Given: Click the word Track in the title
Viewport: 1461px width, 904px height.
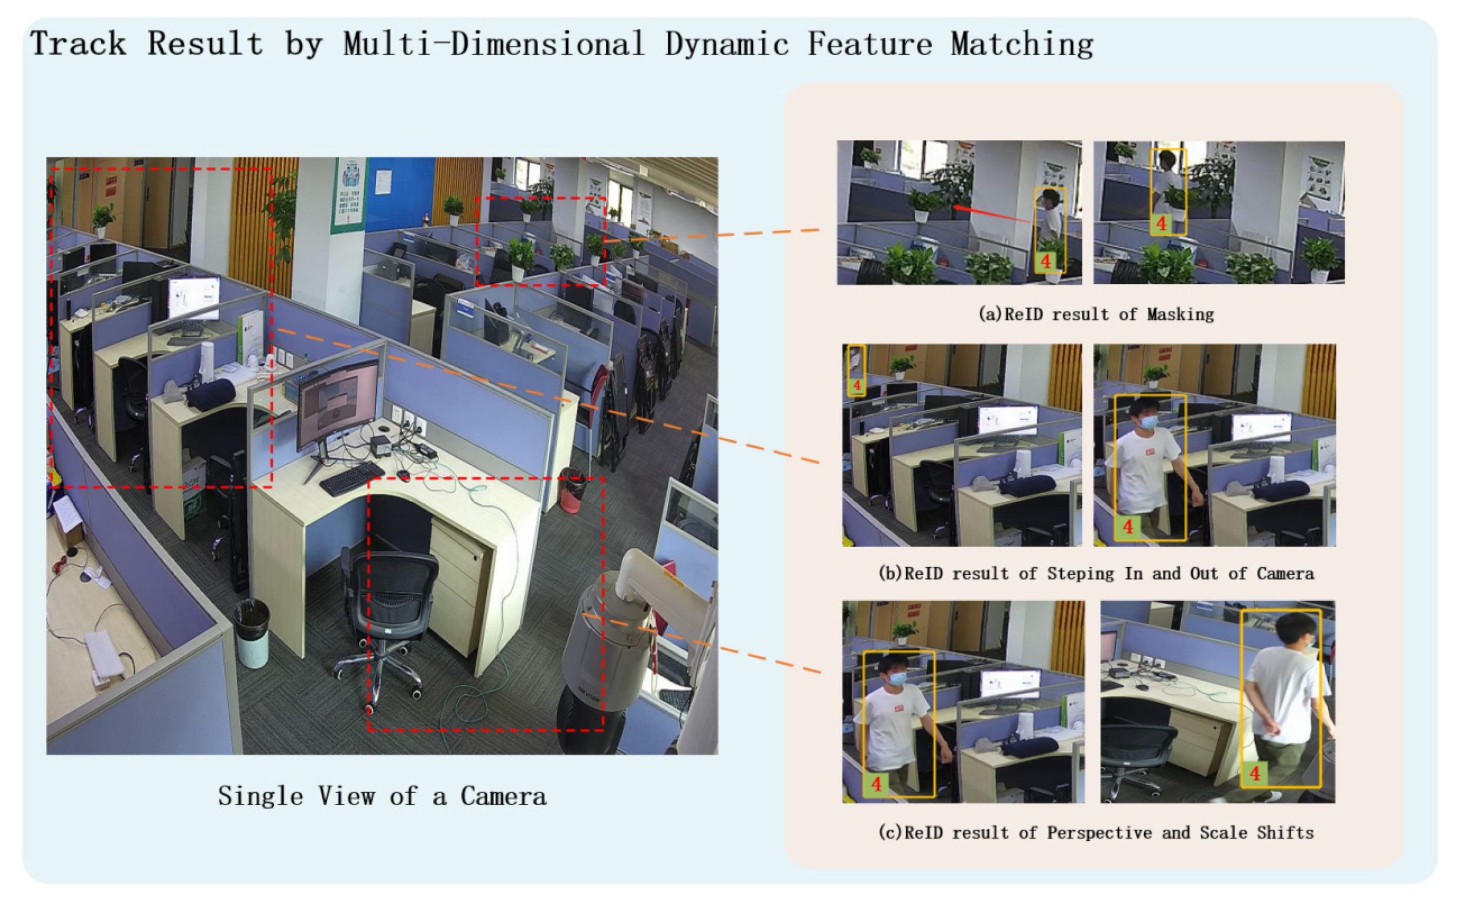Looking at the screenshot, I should (x=78, y=43).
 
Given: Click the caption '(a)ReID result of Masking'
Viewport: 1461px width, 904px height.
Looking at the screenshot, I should (x=1095, y=314).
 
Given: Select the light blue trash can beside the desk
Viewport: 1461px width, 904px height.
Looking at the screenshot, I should (x=252, y=634).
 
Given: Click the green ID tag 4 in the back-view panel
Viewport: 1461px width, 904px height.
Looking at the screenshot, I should (x=1254, y=774).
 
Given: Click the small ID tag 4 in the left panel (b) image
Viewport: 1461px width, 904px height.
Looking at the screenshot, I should (x=857, y=386).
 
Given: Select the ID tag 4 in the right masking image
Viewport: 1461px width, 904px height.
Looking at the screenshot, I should (x=1161, y=224).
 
